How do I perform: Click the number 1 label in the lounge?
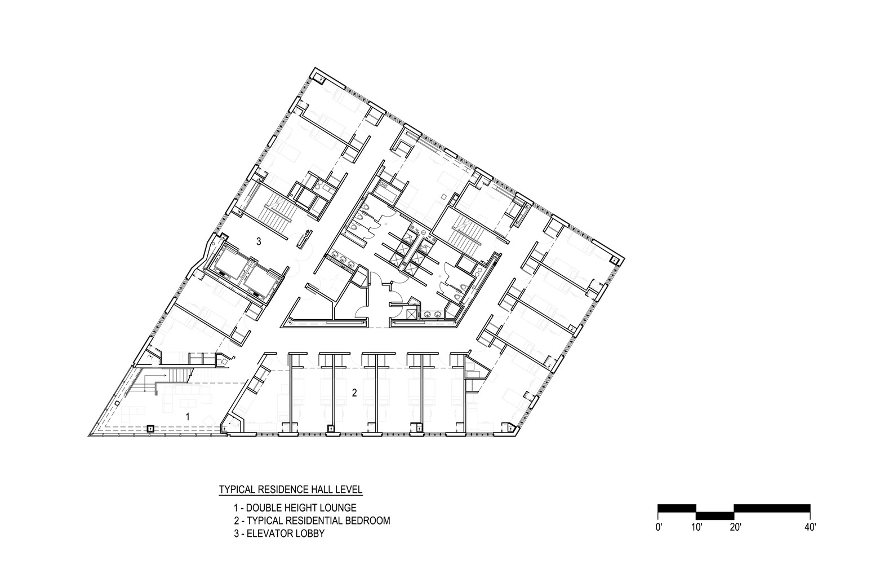click(188, 417)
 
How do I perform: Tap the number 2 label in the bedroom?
click(354, 393)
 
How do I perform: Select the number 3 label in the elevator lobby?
click(259, 242)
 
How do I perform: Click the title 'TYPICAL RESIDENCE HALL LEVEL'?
click(291, 489)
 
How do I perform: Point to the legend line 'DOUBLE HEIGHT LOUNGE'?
click(295, 508)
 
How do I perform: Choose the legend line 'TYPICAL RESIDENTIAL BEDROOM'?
click(312, 521)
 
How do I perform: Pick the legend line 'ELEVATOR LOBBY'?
click(279, 533)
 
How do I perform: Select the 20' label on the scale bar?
click(735, 527)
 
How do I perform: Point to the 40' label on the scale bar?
click(810, 527)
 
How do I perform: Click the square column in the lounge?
click(150, 429)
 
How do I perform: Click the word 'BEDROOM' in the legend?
click(368, 521)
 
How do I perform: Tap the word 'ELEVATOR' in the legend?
click(268, 533)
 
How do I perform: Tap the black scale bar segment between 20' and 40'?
click(772, 508)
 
